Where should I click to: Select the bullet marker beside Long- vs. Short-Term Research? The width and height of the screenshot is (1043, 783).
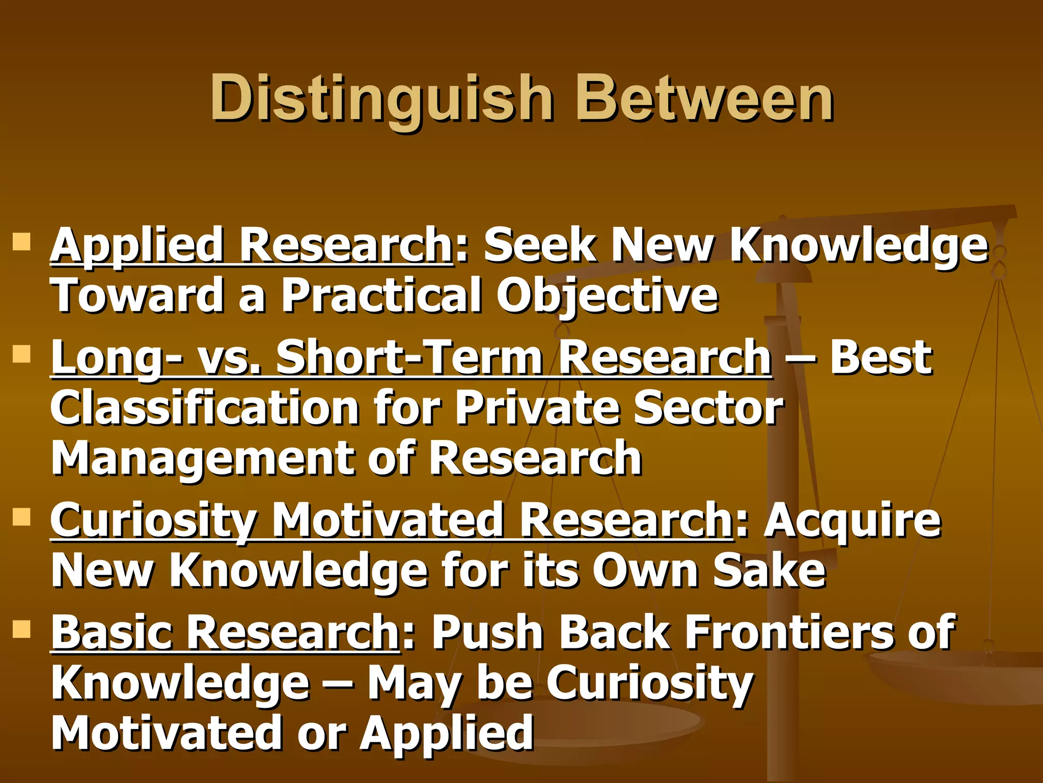[x=22, y=353]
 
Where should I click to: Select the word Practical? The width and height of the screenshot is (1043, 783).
[x=381, y=296]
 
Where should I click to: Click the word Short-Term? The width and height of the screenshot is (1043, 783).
[x=410, y=358]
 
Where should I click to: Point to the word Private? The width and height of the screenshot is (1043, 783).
[x=537, y=408]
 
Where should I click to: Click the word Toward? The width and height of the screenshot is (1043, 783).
[x=136, y=296]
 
